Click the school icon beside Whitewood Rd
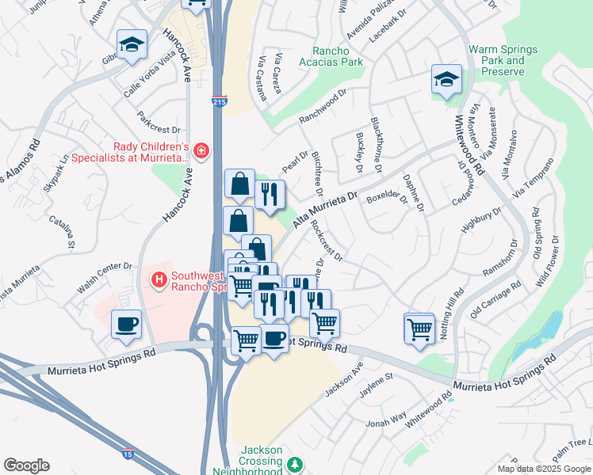point(447,79)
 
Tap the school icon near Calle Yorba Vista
point(132,44)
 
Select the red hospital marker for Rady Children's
point(202,150)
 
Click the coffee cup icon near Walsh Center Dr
point(126,324)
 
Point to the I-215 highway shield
point(220,102)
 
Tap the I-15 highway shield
point(128,454)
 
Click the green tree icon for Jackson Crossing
point(295,463)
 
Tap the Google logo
point(26,465)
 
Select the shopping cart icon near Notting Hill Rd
point(419,328)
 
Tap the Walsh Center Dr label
point(103,266)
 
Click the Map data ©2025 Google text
point(544,468)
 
